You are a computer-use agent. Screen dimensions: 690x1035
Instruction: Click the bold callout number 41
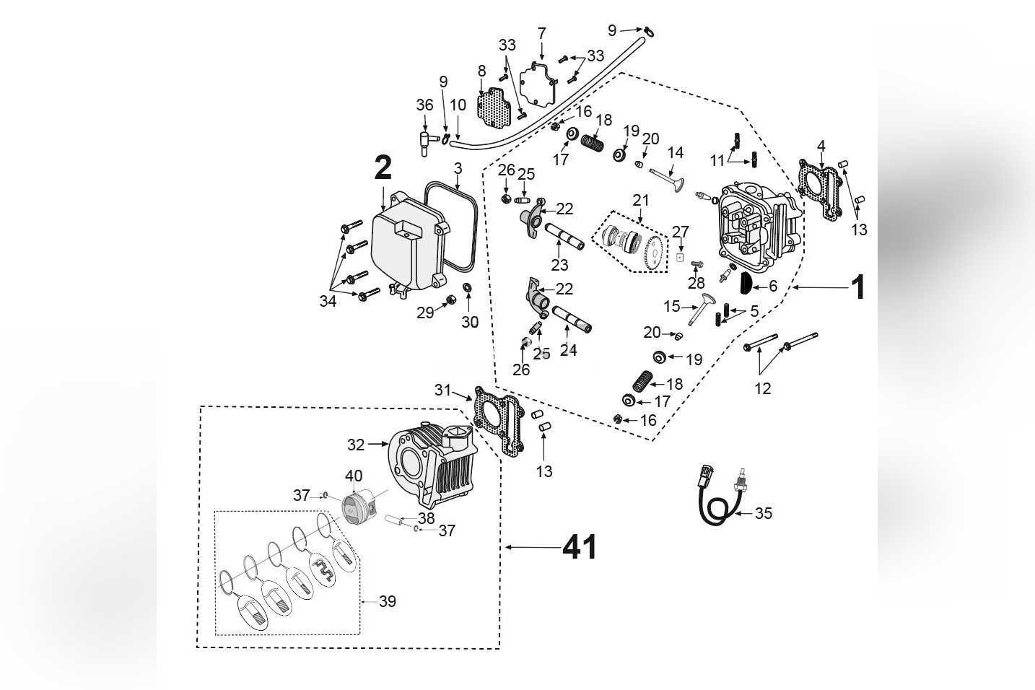tap(580, 549)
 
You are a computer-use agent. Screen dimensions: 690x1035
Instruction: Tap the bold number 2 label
tap(383, 168)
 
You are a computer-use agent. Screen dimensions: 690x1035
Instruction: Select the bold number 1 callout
tap(857, 288)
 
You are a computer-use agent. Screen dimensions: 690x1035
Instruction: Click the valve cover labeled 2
tap(403, 245)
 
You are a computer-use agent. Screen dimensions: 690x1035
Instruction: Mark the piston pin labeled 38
tap(395, 519)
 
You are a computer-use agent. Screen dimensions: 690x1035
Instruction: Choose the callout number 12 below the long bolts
tap(762, 389)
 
